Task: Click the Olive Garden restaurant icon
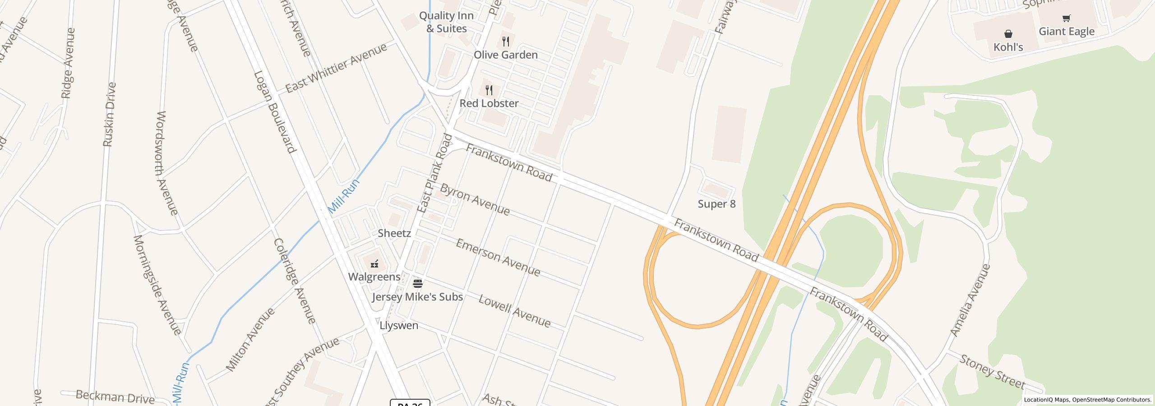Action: point(506,42)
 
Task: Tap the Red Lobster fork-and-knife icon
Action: point(489,90)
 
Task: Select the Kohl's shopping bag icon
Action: point(1008,34)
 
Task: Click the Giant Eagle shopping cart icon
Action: point(1066,18)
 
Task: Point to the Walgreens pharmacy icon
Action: point(374,264)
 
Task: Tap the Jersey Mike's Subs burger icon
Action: point(417,284)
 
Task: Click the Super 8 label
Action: point(716,204)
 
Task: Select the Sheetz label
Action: point(394,233)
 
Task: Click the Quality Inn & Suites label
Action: point(446,22)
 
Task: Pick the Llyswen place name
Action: point(399,325)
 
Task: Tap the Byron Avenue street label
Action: point(475,199)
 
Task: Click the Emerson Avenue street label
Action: point(498,258)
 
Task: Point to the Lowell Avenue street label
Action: point(514,311)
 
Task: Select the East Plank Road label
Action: point(434,174)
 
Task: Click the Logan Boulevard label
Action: point(275,112)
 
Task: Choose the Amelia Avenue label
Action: point(970,300)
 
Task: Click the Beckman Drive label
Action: point(115,397)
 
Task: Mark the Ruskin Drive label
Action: point(110,114)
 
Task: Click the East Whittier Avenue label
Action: point(336,68)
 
